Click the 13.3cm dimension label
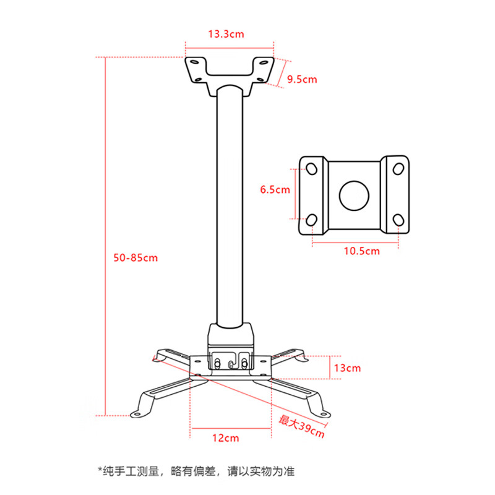tap(226, 34)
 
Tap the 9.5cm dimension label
tap(302, 79)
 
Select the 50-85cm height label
tap(136, 258)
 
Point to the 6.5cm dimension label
tap(275, 189)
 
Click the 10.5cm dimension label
tap(362, 251)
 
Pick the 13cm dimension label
tap(347, 368)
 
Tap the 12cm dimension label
tap(225, 438)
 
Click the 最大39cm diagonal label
tap(301, 426)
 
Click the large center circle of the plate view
tap(354, 196)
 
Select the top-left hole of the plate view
tap(312, 169)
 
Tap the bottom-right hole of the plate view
tap(398, 220)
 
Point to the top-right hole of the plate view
tap(398, 169)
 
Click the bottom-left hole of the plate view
tap(312, 220)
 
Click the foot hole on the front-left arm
tap(137, 413)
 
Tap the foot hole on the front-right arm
tap(324, 414)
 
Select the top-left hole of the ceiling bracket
tap(194, 62)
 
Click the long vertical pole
tap(230, 205)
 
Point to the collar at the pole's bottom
tap(230, 335)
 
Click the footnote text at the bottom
tap(196, 471)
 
